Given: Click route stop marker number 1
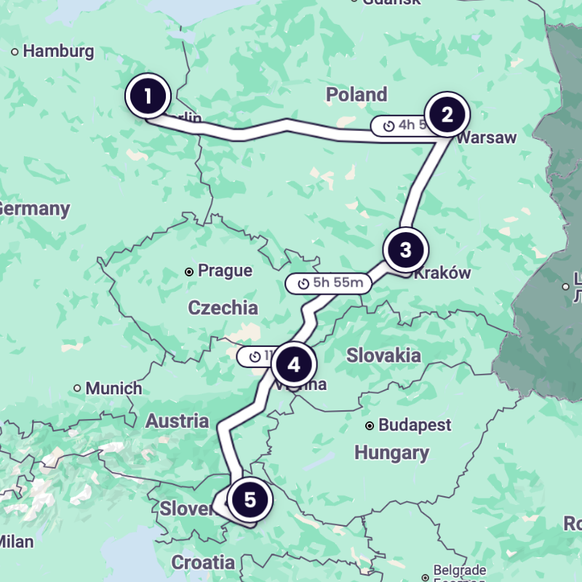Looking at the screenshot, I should coord(148,96).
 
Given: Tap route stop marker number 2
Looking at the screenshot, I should coord(447,114).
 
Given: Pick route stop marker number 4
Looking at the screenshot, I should coord(294,364).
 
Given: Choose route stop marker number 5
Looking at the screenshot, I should coord(250,500).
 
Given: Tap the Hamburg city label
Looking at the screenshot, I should coord(58,52).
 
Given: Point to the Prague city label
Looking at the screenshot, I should coord(225,271).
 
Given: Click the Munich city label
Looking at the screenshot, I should coord(113,388).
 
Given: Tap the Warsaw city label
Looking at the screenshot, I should coord(487,137).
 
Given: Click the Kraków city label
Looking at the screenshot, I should coord(442,274).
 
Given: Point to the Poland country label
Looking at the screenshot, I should coord(356,95).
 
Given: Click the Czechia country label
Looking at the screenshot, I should coord(223,308).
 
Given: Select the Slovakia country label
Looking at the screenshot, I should coord(383,356).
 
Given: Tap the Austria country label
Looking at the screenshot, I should coord(177,421).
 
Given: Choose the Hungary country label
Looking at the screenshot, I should coord(391,453).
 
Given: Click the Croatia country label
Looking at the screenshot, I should coord(203,562).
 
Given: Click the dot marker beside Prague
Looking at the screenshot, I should coord(189,271).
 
